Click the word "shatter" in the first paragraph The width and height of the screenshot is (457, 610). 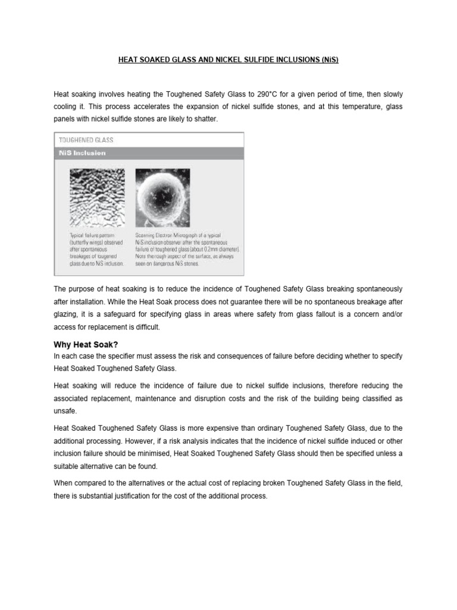click(213, 119)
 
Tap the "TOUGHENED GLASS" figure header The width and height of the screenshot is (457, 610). click(86, 140)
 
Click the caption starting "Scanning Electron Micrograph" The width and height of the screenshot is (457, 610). click(187, 249)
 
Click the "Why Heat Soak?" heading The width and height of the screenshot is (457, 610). click(86, 344)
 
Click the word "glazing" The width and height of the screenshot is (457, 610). click(68, 314)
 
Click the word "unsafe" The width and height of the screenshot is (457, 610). click(64, 411)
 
